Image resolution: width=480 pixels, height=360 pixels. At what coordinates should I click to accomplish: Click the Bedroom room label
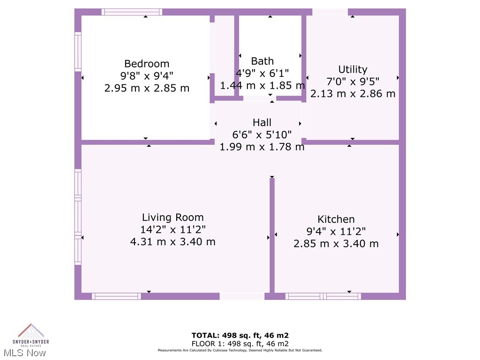pos(147,64)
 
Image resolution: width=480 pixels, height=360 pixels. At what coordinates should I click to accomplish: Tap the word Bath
pos(262,61)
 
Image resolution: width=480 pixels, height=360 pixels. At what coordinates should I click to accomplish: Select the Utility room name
pos(352,69)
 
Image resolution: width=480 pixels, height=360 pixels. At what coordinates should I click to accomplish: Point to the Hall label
pos(262,122)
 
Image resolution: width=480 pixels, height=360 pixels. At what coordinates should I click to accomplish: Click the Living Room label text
pos(172,217)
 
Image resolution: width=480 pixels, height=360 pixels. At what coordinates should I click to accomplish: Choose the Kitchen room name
pos(336,219)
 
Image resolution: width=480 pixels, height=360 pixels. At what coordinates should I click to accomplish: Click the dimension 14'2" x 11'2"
pos(172,230)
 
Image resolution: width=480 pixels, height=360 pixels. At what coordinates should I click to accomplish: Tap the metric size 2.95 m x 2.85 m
pos(147,88)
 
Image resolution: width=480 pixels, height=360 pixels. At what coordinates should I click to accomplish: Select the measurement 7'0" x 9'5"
pos(352,82)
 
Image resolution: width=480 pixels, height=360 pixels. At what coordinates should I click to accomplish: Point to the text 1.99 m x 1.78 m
pos(262,147)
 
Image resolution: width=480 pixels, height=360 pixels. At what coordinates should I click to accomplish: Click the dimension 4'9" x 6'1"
pos(262,73)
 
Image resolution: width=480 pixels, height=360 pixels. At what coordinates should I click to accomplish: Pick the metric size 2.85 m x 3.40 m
pos(336,244)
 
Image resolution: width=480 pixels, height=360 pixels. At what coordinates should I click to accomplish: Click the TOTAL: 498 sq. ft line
pos(240,335)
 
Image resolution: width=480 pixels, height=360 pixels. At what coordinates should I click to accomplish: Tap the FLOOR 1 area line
pos(240,343)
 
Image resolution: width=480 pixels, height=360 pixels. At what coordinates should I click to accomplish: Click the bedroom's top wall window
pos(132,12)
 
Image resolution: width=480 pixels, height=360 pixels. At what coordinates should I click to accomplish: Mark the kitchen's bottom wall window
pos(323,296)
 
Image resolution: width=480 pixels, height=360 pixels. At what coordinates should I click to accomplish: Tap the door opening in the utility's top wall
pos(330,12)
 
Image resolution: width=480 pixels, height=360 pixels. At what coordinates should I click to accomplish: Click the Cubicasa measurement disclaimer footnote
pos(240,350)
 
